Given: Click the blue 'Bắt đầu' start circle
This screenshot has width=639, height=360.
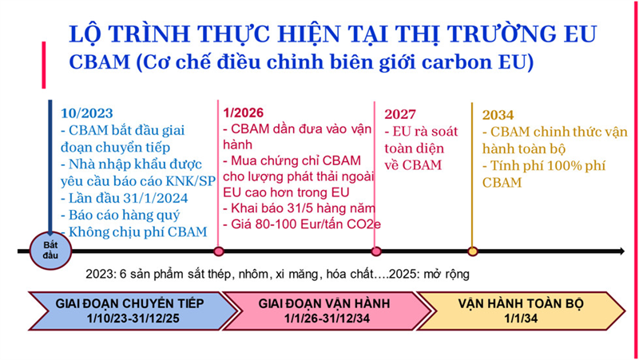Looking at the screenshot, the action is pos(50,251).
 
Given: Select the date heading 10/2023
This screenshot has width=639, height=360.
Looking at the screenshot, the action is pos(87,113).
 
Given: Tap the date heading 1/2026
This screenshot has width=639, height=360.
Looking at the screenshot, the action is pos(244,113).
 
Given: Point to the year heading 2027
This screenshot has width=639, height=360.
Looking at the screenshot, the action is pos(400,114).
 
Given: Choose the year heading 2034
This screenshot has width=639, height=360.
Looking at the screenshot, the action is pos(498,115).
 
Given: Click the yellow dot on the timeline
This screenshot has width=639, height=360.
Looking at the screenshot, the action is pos(472,251).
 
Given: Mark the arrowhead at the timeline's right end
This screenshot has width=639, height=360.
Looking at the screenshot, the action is pos(621,251).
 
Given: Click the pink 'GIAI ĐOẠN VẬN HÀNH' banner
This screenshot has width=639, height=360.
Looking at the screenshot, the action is pos(324,311).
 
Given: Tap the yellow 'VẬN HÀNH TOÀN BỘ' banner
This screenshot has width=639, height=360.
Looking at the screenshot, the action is pos(521,311).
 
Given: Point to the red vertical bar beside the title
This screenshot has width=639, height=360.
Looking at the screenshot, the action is pos(44,65).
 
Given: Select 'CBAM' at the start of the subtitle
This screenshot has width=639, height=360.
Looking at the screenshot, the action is pos(99,62).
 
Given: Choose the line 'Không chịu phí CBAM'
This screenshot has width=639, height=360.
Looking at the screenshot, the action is pos(134,231).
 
